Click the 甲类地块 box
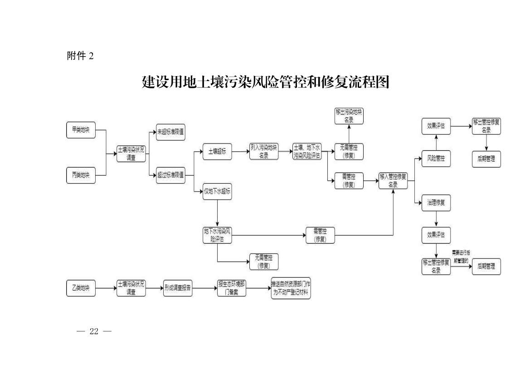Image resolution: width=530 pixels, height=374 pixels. pyautogui.click(x=81, y=130)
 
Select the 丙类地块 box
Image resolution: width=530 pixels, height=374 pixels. pyautogui.click(x=81, y=175)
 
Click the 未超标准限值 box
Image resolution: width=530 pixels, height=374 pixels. pyautogui.click(x=171, y=132)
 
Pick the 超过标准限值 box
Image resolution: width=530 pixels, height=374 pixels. pyautogui.click(x=171, y=175)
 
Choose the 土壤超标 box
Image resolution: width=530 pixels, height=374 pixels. pyautogui.click(x=217, y=152)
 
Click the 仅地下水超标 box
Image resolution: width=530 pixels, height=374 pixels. pyautogui.click(x=217, y=192)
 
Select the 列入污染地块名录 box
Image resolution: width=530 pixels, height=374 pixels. pyautogui.click(x=264, y=152)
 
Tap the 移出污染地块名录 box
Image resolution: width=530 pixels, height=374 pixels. pyautogui.click(x=349, y=116)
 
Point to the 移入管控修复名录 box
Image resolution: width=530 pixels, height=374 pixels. pyautogui.click(x=393, y=181)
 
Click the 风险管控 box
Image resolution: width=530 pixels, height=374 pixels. pyautogui.click(x=436, y=159)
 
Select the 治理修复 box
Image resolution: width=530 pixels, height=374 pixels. pyautogui.click(x=436, y=202)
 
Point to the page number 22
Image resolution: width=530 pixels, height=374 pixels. pyautogui.click(x=94, y=331)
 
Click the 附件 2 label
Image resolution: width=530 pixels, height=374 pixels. pyautogui.click(x=80, y=56)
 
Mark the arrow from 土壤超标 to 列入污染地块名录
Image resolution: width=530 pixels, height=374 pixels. pyautogui.click(x=240, y=152)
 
